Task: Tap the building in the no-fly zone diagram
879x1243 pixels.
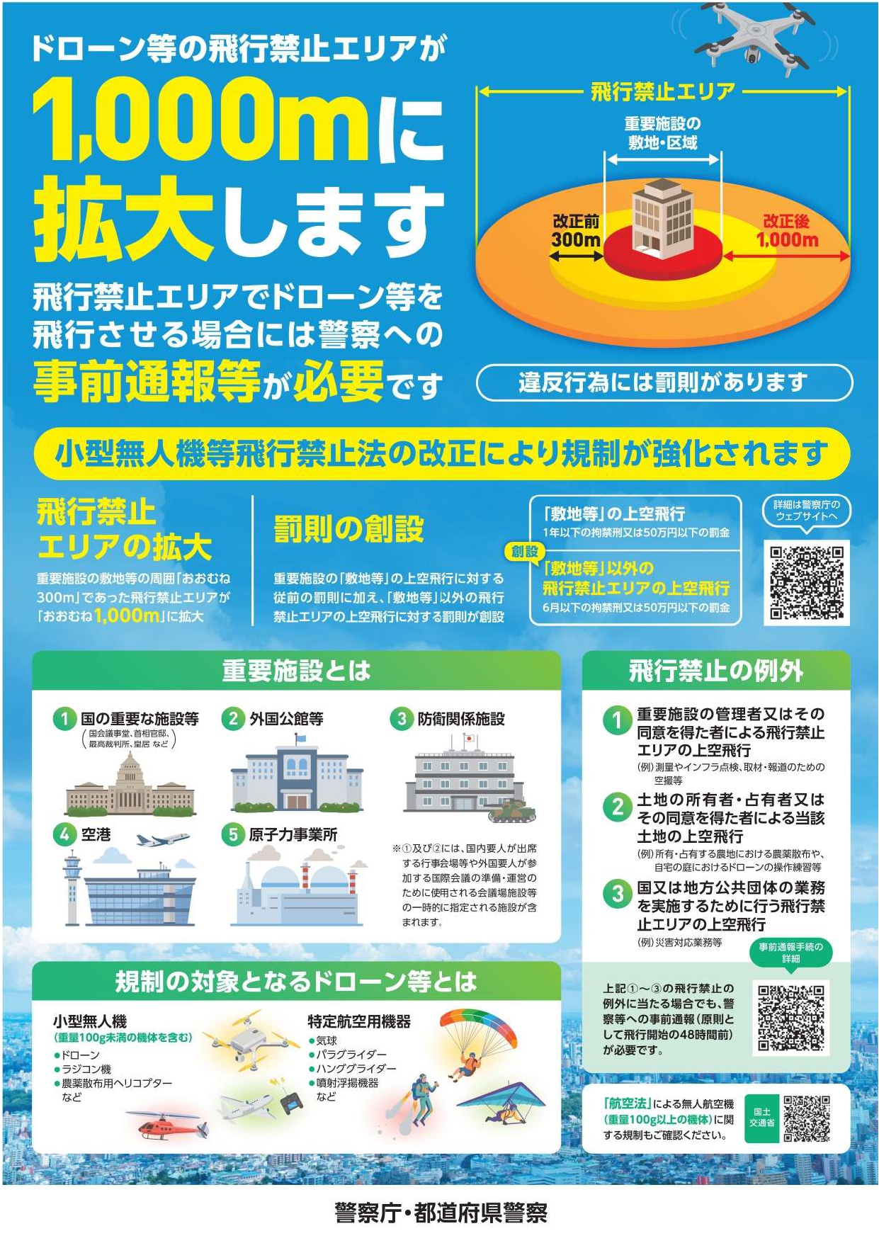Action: click(x=662, y=216)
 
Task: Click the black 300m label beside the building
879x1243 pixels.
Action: click(x=576, y=240)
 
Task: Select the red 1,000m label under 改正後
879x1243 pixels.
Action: click(x=787, y=240)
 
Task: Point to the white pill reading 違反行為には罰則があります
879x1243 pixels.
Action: click(x=664, y=382)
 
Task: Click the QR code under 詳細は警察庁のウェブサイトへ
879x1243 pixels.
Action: click(x=807, y=582)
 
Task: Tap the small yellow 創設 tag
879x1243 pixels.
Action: click(x=524, y=551)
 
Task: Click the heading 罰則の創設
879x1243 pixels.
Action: click(x=348, y=529)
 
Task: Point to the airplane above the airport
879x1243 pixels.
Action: click(x=163, y=840)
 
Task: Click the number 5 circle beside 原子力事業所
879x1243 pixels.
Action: click(x=232, y=834)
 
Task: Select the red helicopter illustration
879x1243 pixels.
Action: click(x=167, y=1125)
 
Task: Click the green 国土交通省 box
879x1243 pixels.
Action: click(x=761, y=1117)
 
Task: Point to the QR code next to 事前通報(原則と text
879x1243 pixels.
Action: click(x=791, y=1018)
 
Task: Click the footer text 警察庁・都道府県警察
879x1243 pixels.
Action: click(x=441, y=1213)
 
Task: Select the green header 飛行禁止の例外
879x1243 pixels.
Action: click(x=715, y=670)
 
